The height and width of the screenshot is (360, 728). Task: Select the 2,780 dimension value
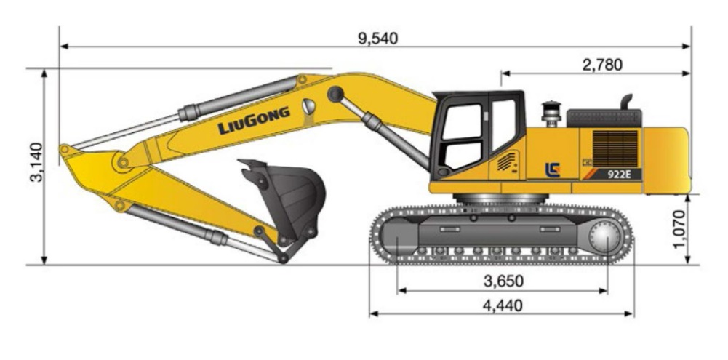pos(601,65)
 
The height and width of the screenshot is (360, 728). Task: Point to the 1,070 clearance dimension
pos(680,228)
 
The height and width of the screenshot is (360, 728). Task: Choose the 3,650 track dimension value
pos(503,281)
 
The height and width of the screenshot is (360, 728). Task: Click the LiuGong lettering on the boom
pos(254,121)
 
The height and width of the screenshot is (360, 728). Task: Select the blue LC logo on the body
pos(553,169)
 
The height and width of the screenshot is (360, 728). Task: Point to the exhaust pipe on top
pos(625,101)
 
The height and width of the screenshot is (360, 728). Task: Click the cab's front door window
pos(463,133)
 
